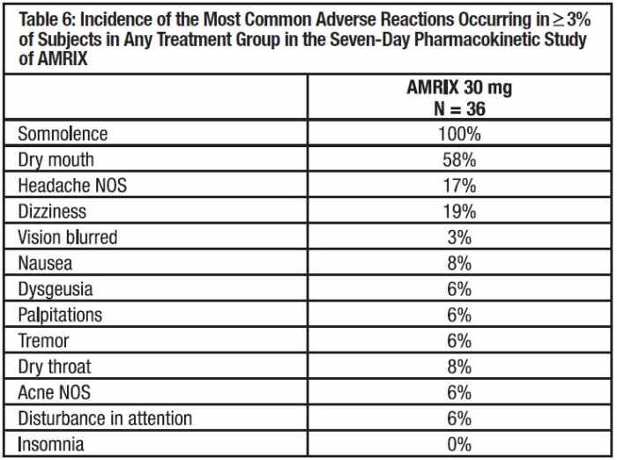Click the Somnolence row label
point(63,135)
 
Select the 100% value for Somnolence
point(459,135)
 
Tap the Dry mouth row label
point(56,160)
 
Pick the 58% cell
point(459,160)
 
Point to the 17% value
point(459,186)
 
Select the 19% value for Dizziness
point(459,211)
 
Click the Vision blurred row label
point(67,238)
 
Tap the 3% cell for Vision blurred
point(459,238)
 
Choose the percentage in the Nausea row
point(459,263)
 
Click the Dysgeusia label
point(55,289)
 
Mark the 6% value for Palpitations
point(459,315)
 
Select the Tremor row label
point(43,340)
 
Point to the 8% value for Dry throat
point(459,367)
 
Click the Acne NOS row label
point(55,392)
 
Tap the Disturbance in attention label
point(105,418)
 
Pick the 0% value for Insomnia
point(459,443)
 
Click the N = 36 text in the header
point(459,108)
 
